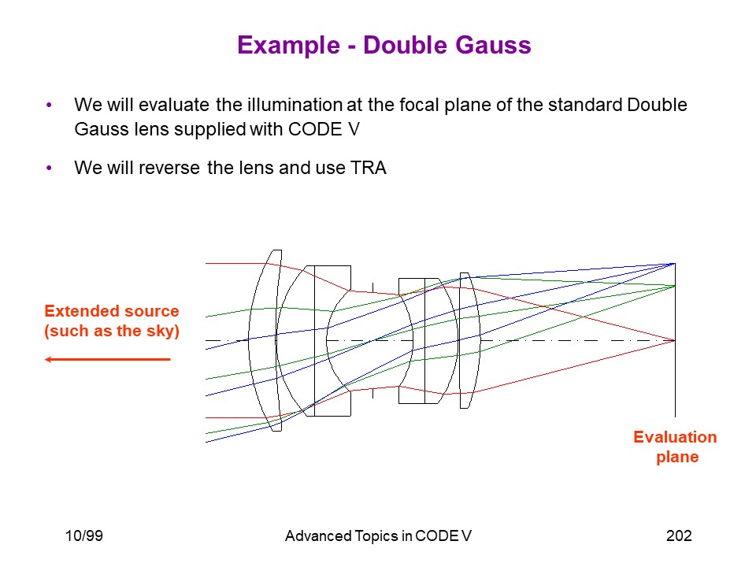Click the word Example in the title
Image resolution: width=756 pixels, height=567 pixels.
(x=289, y=46)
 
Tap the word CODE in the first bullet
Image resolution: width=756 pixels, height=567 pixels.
(x=315, y=129)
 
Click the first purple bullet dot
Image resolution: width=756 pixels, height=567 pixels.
(x=49, y=105)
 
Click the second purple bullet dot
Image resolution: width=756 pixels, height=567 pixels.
(x=49, y=168)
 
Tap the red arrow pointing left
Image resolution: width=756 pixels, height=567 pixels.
(x=108, y=359)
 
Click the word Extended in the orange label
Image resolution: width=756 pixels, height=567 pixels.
(x=83, y=311)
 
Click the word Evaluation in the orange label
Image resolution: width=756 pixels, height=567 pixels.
(x=675, y=437)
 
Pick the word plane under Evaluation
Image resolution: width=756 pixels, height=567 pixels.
(x=677, y=457)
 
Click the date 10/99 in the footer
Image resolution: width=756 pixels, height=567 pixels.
(x=84, y=535)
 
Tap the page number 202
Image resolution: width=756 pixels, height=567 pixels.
(x=679, y=535)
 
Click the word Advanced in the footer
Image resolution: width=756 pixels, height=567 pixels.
(x=318, y=536)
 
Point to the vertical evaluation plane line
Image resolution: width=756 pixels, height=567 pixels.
(x=675, y=340)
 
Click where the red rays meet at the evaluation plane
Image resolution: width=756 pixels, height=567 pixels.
(x=675, y=340)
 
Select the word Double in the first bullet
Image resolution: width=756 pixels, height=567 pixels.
(x=657, y=105)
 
